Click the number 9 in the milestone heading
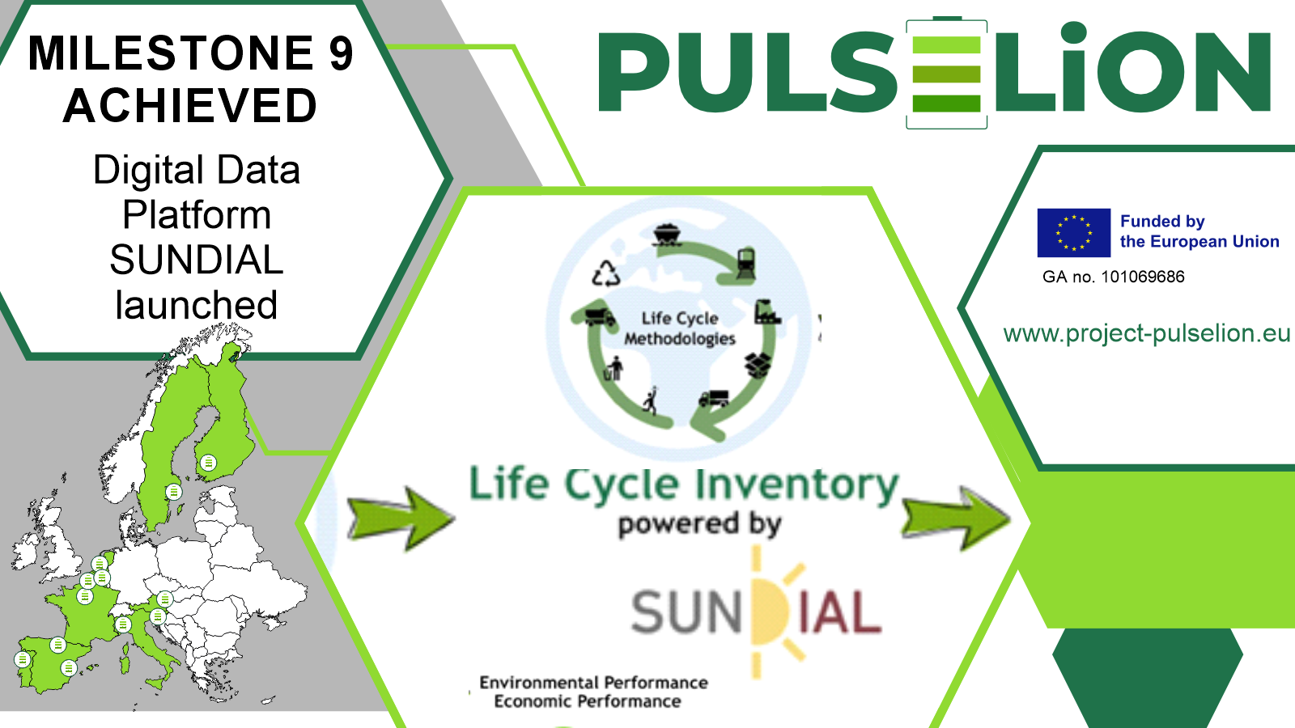point(341,53)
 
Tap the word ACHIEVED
point(190,106)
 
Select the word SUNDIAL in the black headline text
point(197,260)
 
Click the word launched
point(197,305)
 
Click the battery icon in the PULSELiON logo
point(946,73)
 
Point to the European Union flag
point(1073,232)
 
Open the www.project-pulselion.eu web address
point(1146,332)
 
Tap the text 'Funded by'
point(1162,221)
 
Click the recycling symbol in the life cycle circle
point(605,273)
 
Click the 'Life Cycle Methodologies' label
point(680,328)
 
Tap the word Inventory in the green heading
point(797,485)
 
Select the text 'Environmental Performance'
point(593,683)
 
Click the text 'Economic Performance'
point(588,701)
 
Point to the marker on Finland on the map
point(209,463)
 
